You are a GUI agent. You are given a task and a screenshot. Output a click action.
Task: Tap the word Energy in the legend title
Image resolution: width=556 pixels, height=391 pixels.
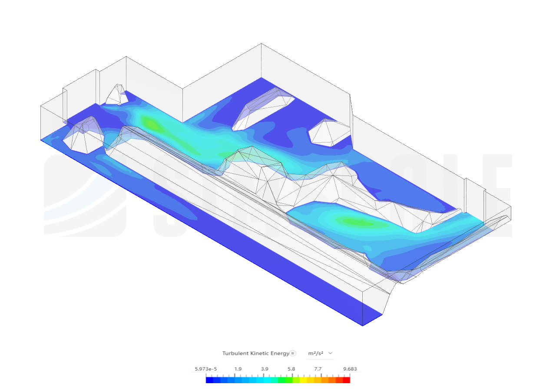(x=280, y=353)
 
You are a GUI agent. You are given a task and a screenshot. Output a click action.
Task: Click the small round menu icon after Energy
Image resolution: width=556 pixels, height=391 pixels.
(x=293, y=353)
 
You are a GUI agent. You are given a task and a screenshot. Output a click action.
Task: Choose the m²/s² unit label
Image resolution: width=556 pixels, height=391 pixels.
(x=315, y=353)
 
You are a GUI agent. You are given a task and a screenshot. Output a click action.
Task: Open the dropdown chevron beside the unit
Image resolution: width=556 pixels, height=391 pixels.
(x=331, y=353)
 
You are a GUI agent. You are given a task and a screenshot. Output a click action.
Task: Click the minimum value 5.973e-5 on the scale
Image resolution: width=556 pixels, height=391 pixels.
(x=205, y=369)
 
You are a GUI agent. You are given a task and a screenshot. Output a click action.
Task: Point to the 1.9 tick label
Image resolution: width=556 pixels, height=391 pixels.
(x=238, y=369)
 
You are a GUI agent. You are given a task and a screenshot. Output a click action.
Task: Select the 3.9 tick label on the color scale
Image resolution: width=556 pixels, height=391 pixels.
(x=265, y=369)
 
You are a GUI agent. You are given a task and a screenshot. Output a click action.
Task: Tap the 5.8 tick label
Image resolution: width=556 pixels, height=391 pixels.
(x=291, y=369)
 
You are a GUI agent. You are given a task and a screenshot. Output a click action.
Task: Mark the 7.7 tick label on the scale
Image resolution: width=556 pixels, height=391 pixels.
(x=318, y=369)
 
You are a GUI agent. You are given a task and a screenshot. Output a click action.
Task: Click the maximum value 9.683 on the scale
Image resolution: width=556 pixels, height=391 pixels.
(x=350, y=369)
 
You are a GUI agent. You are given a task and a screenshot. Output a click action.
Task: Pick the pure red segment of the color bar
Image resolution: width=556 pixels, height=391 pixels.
(x=347, y=380)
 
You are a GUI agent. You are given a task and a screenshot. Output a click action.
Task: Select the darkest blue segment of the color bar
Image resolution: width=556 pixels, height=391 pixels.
(x=209, y=380)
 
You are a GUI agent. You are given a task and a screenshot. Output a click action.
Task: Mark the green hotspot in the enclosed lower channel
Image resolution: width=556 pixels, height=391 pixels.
(x=354, y=222)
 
